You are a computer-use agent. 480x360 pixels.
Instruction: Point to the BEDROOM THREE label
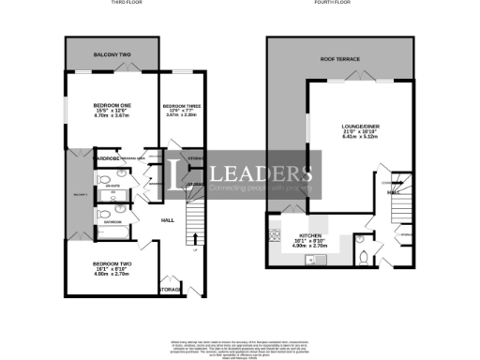pos(180,105)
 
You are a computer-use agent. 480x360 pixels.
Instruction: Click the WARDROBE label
pos(108,158)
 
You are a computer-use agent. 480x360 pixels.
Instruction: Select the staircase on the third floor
pos(195,220)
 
